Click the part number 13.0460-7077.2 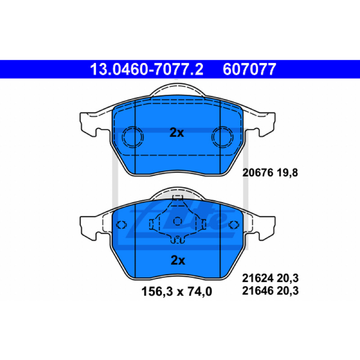click(147, 69)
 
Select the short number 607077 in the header click(249, 69)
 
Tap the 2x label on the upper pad click(176, 132)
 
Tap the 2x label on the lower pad click(178, 261)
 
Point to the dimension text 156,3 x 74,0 click(176, 291)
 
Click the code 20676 click(258, 172)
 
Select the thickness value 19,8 click(287, 172)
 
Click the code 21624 click(257, 278)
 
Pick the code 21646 click(257, 291)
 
